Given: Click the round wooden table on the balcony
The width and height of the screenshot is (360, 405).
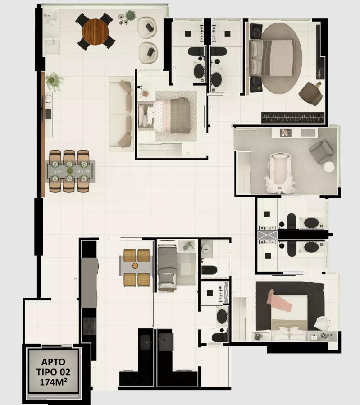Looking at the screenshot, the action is click(95, 32).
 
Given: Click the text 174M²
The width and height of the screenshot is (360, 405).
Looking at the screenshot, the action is click(54, 382).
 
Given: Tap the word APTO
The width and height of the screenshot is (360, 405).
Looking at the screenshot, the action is click(54, 362).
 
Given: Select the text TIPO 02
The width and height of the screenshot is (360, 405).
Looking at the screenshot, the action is click(53, 372).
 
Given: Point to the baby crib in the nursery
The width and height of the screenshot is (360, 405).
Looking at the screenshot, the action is click(280, 173).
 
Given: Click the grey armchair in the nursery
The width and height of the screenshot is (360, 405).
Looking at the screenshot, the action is click(321, 152).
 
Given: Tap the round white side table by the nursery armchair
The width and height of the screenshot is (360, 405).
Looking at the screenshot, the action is click(329, 167).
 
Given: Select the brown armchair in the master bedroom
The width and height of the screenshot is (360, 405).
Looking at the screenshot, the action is click(311, 93).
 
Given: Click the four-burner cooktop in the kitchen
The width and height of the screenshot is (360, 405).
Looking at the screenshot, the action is click(89, 326).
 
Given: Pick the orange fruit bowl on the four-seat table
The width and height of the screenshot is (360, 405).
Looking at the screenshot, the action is click(135, 265).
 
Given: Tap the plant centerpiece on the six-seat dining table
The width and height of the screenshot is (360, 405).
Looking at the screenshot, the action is click(70, 171).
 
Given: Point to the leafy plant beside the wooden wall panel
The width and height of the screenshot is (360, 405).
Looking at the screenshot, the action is click(54, 81).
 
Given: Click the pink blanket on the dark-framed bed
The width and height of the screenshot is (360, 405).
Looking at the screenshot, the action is click(279, 301).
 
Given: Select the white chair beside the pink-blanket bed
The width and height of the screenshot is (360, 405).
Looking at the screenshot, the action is click(322, 323).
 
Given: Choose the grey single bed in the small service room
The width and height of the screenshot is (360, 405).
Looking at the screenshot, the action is click(167, 268).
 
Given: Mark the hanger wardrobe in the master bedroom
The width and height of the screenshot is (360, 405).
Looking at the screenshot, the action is click(293, 118).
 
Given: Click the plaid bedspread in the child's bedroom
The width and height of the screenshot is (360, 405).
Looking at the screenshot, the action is click(180, 115).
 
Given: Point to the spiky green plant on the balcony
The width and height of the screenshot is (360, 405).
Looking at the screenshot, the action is click(130, 15).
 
